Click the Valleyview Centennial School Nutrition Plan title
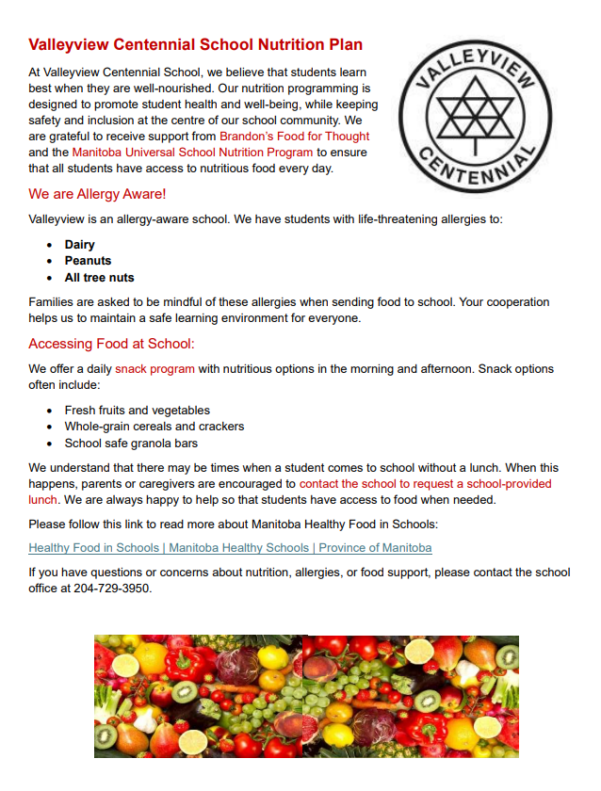[195, 44]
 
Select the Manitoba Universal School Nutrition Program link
[192, 152]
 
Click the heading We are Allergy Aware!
[97, 194]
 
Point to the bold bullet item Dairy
[79, 245]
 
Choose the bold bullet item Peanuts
[88, 261]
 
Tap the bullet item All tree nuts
[99, 278]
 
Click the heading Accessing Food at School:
[111, 344]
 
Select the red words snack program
[154, 368]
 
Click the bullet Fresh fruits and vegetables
[137, 411]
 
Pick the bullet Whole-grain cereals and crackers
[154, 427]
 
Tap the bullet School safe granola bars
[131, 443]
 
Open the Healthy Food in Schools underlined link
[230, 547]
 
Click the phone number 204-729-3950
[112, 589]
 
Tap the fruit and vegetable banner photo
[306, 696]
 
